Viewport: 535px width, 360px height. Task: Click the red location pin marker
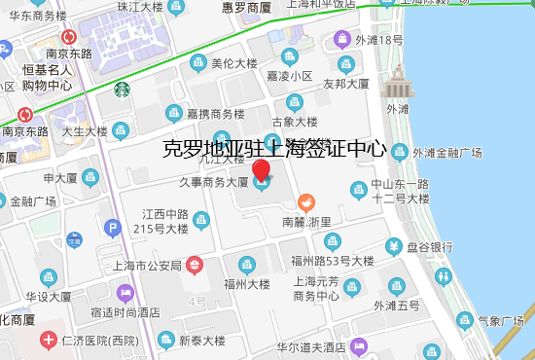(262, 174)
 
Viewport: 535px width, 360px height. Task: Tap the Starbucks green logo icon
(123, 90)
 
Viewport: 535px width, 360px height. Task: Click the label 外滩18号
(378, 40)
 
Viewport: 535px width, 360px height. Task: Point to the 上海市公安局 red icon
(195, 263)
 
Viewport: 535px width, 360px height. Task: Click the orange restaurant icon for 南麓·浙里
(305, 203)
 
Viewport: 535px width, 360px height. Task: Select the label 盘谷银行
(430, 246)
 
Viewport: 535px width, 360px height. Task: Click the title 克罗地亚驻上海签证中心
(274, 150)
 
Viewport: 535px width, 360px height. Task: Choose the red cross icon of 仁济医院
(48, 341)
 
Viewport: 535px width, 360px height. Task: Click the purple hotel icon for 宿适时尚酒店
(125, 292)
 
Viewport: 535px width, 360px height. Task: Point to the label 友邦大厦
(346, 85)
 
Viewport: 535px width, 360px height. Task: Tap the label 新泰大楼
(201, 341)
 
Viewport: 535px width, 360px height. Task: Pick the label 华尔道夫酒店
(311, 346)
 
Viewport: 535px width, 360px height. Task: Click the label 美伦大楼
(233, 63)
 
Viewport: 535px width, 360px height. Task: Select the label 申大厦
(60, 178)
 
